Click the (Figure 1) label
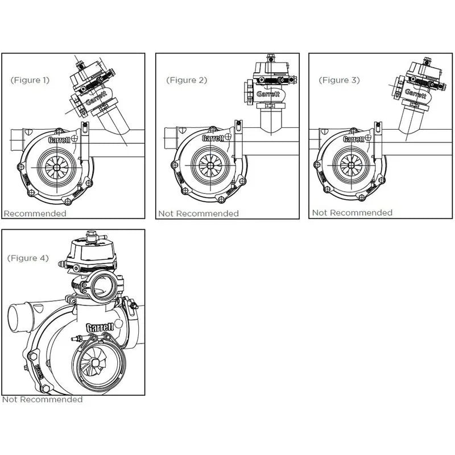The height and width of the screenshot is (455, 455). pos(30,80)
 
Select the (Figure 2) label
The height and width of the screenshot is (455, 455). pos(187,80)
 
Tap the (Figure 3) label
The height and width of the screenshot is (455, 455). pos(340,80)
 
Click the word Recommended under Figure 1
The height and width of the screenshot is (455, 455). pos(35,214)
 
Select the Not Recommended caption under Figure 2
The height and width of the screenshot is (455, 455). pos(198,214)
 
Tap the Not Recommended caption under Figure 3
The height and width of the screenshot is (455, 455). pos(352,213)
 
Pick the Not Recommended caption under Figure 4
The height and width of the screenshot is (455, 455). pos(42,399)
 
